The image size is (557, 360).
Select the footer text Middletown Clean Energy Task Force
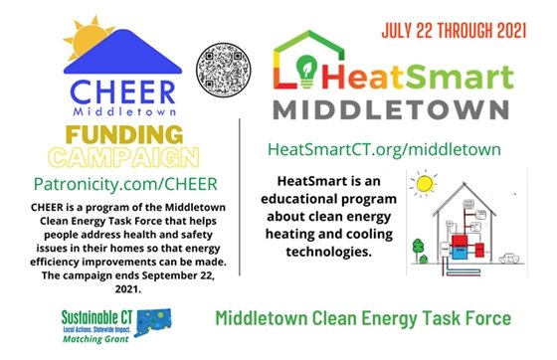click(x=363, y=319)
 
